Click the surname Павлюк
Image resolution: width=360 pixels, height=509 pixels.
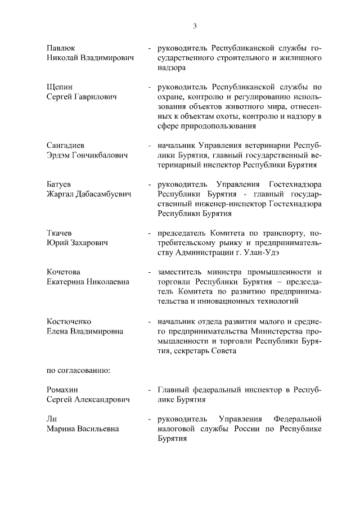coord(61,48)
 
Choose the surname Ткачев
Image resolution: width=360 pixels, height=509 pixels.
coord(59,232)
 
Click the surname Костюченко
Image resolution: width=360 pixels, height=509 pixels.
coord(69,321)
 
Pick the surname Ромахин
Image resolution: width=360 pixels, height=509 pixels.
coord(63,389)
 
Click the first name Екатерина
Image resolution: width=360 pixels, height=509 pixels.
coord(68,282)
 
